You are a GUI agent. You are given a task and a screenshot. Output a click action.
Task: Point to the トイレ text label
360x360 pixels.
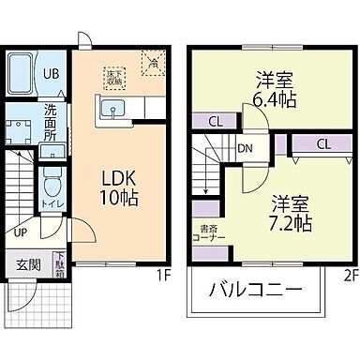(x=52, y=200)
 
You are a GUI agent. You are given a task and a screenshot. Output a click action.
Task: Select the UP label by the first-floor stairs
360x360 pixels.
(x=20, y=232)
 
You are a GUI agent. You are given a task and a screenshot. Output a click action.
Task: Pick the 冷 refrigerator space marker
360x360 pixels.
(x=151, y=62)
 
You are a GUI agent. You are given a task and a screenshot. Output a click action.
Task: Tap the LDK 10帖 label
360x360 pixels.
(x=119, y=185)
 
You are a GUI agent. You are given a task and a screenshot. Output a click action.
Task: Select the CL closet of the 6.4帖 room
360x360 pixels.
(x=215, y=119)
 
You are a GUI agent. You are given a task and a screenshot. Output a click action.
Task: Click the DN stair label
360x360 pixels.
(x=244, y=148)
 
